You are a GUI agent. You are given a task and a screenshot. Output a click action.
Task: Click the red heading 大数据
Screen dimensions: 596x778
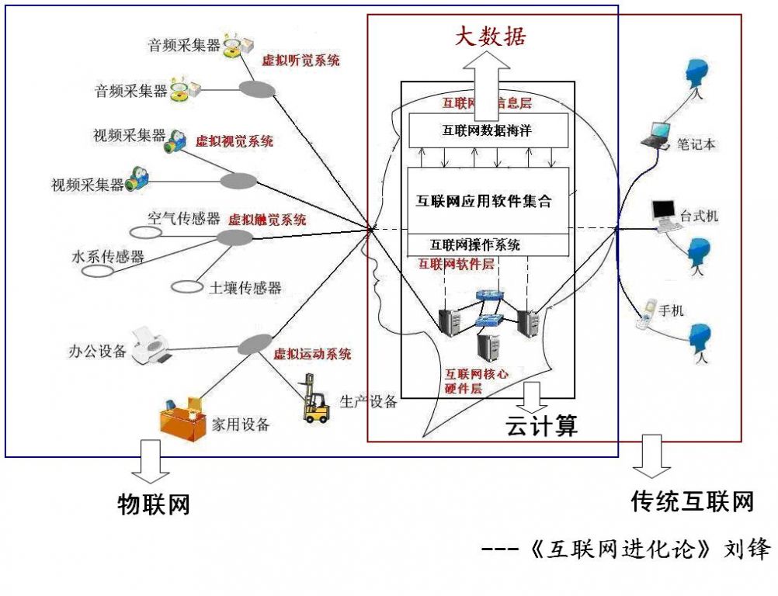coord(491,36)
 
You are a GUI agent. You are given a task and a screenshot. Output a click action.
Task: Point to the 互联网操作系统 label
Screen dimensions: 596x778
coord(475,244)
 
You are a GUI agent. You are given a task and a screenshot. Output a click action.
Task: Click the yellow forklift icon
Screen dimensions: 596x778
coord(314,399)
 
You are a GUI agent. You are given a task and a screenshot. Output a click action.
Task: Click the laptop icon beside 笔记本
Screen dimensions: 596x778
coord(655,135)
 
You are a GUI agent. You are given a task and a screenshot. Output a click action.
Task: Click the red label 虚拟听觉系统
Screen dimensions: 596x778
coord(300,61)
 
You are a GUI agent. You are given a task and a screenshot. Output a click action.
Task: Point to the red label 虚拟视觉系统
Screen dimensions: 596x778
coord(234,141)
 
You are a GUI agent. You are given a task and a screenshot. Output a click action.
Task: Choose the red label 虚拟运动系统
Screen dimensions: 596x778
coord(312,354)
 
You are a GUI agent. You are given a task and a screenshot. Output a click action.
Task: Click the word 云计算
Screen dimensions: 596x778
coord(542,426)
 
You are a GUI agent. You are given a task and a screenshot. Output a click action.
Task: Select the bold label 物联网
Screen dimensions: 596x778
coord(153,504)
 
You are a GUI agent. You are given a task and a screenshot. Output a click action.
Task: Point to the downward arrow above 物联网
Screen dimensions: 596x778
coord(151,461)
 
